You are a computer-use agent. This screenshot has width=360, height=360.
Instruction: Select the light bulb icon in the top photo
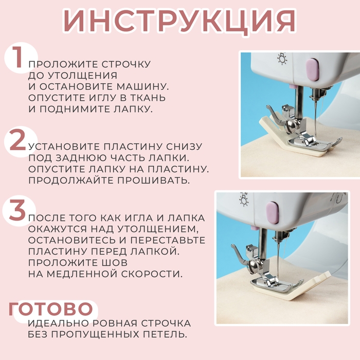click(282, 59)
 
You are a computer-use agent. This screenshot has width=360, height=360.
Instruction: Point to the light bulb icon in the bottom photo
click(243, 200)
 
